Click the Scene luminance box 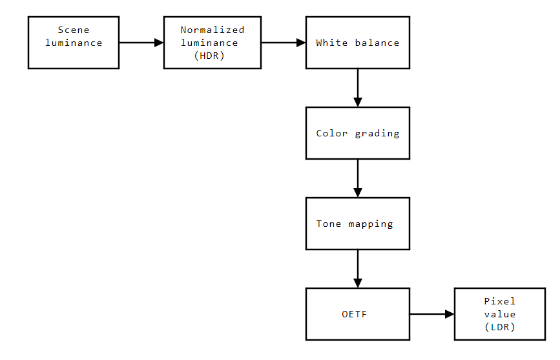73,43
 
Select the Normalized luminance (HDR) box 212,43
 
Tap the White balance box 357,43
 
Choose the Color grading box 357,133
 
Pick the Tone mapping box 357,224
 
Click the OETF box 357,314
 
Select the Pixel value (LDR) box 499,314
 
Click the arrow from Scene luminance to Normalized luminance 141,43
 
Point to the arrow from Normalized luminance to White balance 283,43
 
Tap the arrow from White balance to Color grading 357,87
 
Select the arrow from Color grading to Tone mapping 357,178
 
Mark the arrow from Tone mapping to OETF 357,268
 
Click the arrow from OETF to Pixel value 431,314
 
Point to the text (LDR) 499,328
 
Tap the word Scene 74,30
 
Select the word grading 377,133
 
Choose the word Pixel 500,301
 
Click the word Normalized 213,30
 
